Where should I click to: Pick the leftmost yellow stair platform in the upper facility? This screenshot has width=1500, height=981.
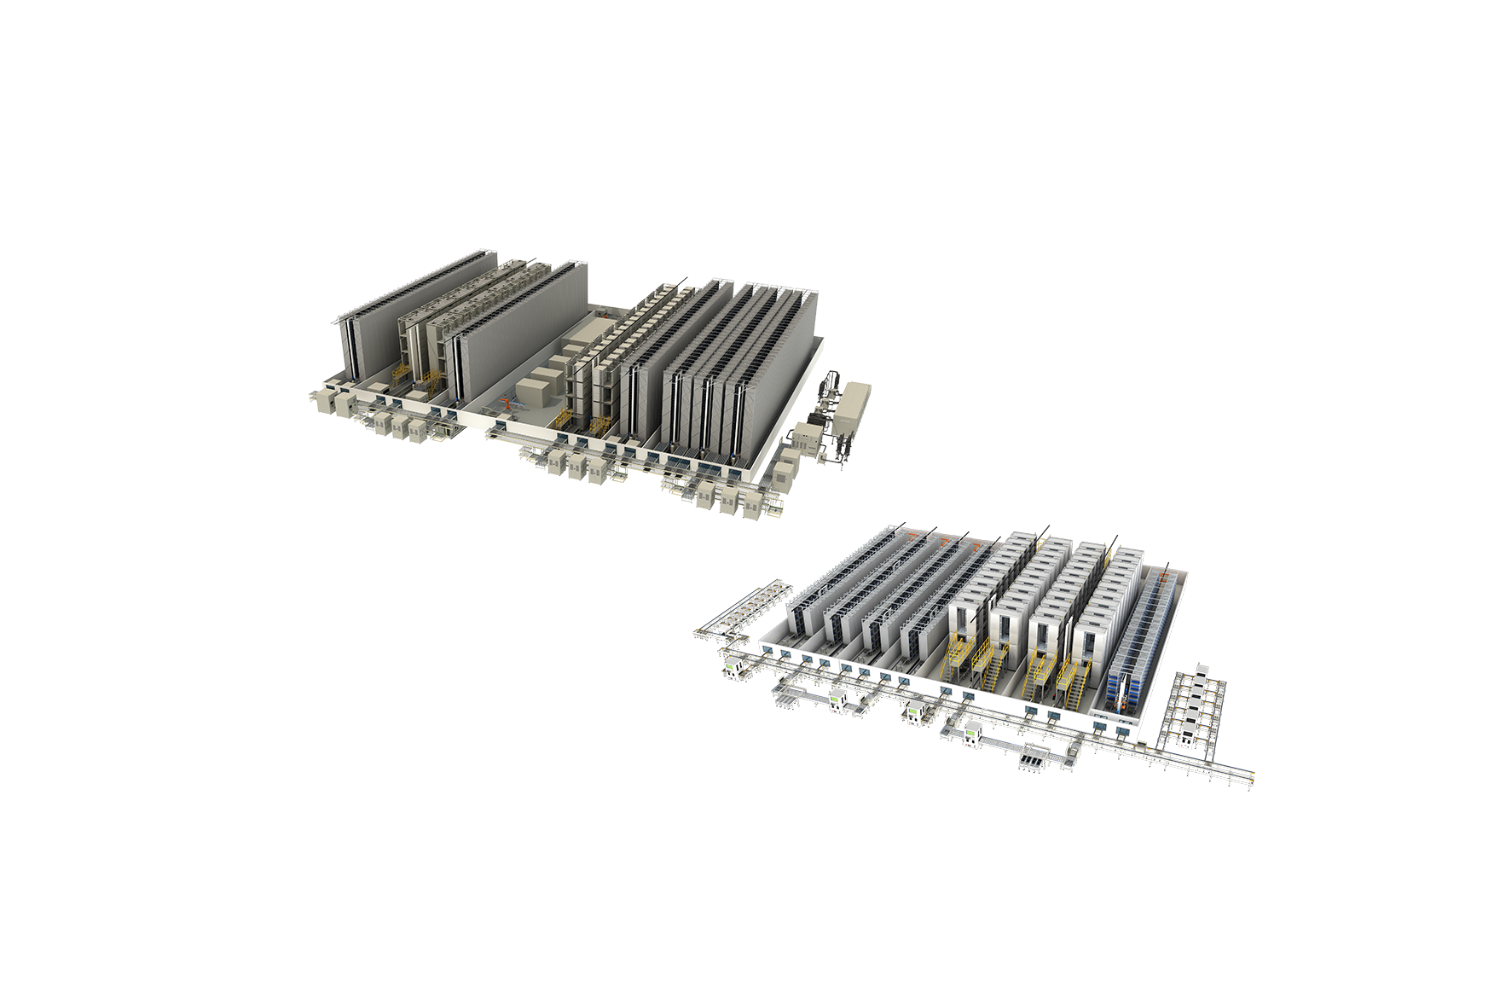[x=402, y=375]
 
